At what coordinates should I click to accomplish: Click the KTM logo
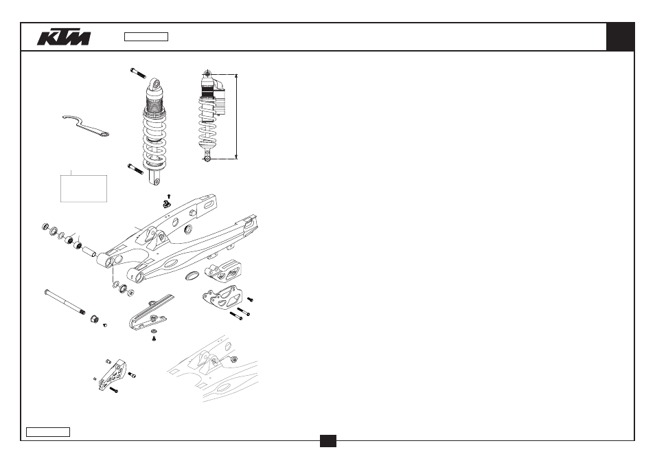click(64, 37)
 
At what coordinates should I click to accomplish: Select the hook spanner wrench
click(85, 126)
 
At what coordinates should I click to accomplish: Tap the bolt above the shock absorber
click(138, 73)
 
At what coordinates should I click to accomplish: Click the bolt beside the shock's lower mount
click(135, 169)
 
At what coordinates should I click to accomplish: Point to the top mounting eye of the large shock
click(155, 84)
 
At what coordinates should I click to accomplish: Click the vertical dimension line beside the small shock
click(236, 117)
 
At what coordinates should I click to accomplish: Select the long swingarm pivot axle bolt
click(65, 302)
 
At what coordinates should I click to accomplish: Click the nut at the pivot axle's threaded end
click(95, 319)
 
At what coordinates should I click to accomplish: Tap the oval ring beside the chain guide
click(192, 275)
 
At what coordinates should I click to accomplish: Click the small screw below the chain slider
click(154, 338)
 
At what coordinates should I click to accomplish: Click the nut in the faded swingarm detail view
click(234, 359)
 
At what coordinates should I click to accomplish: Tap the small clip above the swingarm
click(167, 204)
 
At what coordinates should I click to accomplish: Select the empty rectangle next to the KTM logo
click(146, 37)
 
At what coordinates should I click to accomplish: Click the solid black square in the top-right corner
click(621, 37)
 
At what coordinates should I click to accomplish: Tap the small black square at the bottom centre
click(328, 441)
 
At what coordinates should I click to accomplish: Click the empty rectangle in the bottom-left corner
click(48, 432)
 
